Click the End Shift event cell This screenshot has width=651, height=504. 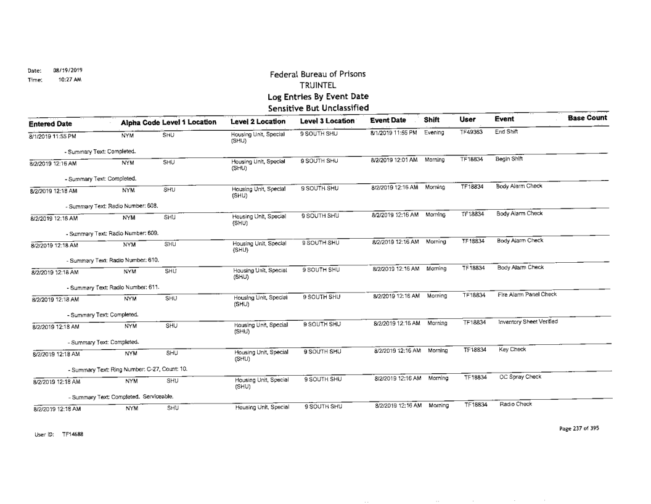pyautogui.click(x=506, y=132)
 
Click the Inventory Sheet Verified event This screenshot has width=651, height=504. pyautogui.click(x=528, y=322)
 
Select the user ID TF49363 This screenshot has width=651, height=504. pyautogui.click(x=471, y=132)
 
